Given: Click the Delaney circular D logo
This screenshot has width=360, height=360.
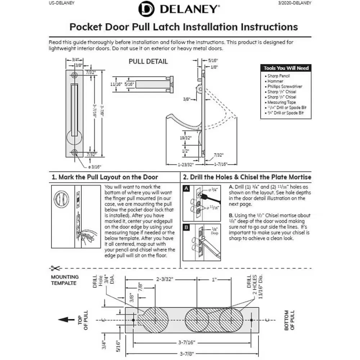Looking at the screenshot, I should click(146, 9).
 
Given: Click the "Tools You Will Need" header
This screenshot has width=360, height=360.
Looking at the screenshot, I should click(286, 68).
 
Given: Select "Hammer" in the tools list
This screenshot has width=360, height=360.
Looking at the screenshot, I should click(275, 81).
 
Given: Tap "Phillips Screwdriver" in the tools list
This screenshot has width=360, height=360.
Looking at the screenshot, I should click(284, 87).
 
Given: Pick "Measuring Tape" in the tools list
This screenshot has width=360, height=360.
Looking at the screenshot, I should click(282, 102).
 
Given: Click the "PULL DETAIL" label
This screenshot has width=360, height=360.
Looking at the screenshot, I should click(148, 62).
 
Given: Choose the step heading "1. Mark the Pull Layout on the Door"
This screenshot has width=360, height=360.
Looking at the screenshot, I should click(105, 177).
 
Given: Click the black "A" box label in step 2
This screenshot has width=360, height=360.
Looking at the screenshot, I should click(186, 188).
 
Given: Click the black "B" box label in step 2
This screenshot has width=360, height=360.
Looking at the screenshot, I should click(186, 227).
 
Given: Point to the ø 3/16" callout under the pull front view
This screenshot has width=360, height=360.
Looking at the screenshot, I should click(95, 167).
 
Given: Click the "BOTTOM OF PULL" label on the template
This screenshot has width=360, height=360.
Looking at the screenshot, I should click(289, 320).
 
